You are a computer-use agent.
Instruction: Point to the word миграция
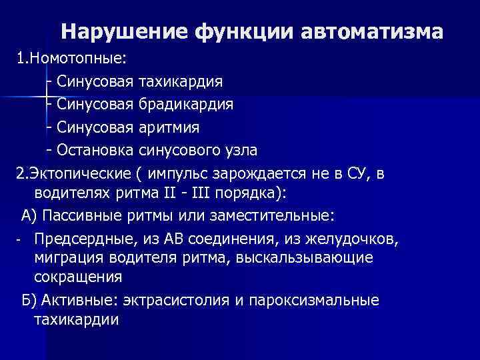point(67,257)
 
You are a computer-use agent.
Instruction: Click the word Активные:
point(75,300)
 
